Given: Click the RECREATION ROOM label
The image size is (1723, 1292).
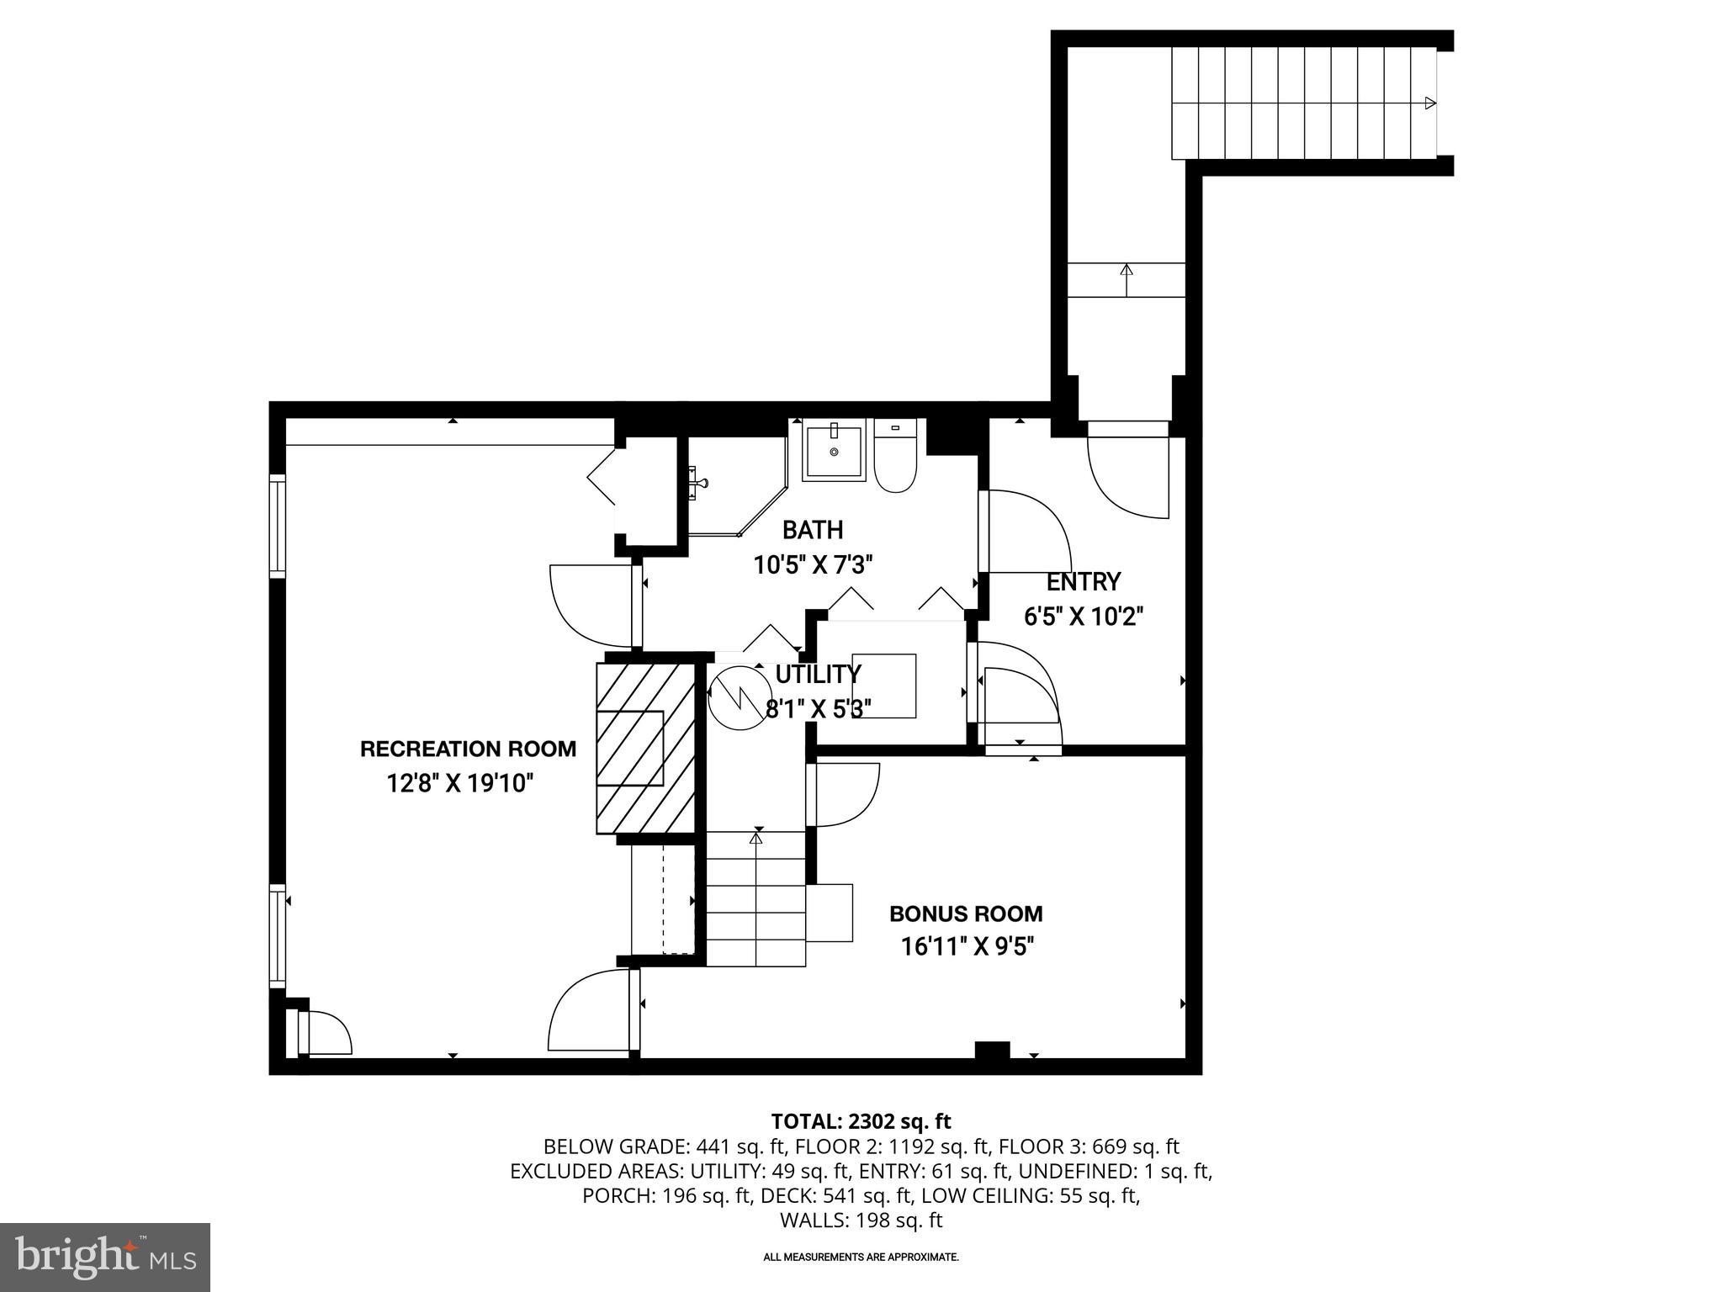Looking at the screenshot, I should pos(468,749).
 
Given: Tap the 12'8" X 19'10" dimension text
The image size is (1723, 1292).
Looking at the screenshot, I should pos(460,784).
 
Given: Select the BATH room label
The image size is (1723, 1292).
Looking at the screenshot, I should pos(812,530).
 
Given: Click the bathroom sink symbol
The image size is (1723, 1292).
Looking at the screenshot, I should pos(834,453).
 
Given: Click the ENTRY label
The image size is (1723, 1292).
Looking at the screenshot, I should pos(1083,582).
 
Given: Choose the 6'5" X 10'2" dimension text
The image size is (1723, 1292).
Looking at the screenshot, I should pos(1083,617).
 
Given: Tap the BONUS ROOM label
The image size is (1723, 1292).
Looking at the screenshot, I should pos(966,913).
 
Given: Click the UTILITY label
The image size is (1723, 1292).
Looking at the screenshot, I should pos(818,675).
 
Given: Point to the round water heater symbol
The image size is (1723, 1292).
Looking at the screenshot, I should pos(734,696).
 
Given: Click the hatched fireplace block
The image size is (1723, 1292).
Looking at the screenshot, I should pos(645,748).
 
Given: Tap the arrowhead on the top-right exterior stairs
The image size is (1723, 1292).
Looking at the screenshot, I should pos(1429,103).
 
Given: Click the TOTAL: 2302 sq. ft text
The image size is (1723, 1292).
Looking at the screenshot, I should pos(861,1121).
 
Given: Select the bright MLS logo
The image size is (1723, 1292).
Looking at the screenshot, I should pos(104,1257).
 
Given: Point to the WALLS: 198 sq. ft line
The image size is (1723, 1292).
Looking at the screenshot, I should pos(861,1221).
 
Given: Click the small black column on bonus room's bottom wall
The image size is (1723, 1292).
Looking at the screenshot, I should pos(992,1051).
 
